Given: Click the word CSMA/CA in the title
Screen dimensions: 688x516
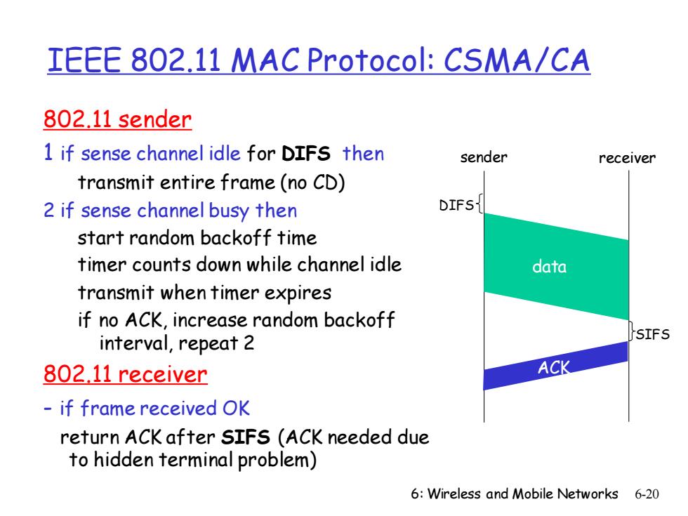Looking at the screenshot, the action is (x=517, y=60).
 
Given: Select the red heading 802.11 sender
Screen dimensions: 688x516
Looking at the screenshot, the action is (x=118, y=119).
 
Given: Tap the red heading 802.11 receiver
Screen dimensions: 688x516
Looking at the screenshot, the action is (x=125, y=374).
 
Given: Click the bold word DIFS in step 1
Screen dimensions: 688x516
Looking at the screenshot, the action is (x=306, y=154).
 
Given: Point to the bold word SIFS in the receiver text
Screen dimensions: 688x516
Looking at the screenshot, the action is (x=245, y=437).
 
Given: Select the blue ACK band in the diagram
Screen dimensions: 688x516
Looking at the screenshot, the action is (x=556, y=366).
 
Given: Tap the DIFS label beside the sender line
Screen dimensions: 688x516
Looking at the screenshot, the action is (x=456, y=205).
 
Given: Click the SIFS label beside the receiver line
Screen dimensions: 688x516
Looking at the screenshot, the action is (x=653, y=334).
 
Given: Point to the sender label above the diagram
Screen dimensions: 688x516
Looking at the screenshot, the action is (x=484, y=157).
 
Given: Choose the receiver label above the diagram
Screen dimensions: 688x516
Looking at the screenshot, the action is (x=627, y=157).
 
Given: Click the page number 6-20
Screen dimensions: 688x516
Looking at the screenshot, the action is (x=647, y=494).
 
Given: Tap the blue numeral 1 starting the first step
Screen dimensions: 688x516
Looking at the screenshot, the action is (x=48, y=153).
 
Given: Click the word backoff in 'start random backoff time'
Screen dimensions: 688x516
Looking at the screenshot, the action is (x=236, y=238).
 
